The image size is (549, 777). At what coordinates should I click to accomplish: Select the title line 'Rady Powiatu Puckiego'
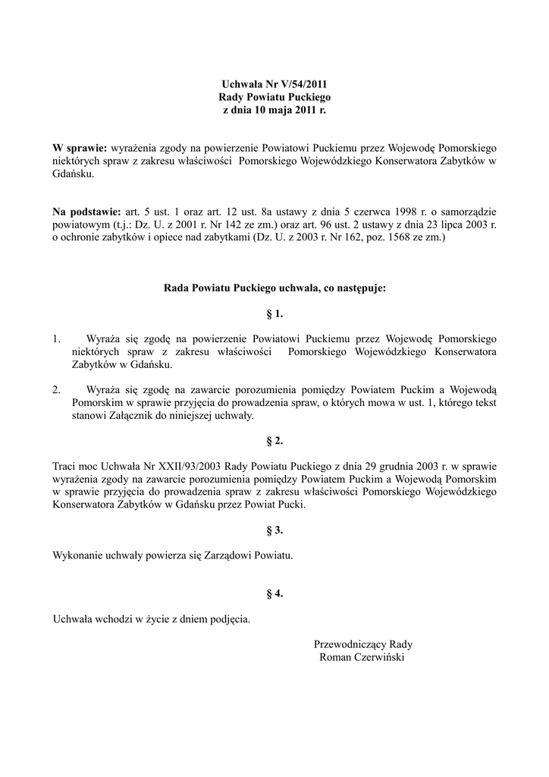[274, 97]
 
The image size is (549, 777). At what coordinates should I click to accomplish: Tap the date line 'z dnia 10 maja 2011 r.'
[274, 110]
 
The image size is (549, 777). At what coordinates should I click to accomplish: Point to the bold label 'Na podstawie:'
[87, 211]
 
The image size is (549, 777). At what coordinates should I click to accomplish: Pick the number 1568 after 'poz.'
[385, 238]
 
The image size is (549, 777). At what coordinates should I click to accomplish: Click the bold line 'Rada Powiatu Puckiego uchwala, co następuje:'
[274, 288]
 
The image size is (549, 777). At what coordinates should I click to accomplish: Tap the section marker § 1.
[274, 313]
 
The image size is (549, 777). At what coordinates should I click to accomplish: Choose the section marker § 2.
[274, 441]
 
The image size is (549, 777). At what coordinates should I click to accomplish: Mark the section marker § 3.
[274, 530]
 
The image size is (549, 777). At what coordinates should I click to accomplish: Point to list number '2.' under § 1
[57, 390]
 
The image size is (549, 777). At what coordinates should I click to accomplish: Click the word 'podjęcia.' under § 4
[225, 619]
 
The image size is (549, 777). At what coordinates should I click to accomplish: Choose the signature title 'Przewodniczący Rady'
[363, 644]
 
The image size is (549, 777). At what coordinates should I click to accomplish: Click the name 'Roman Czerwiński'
[363, 657]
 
